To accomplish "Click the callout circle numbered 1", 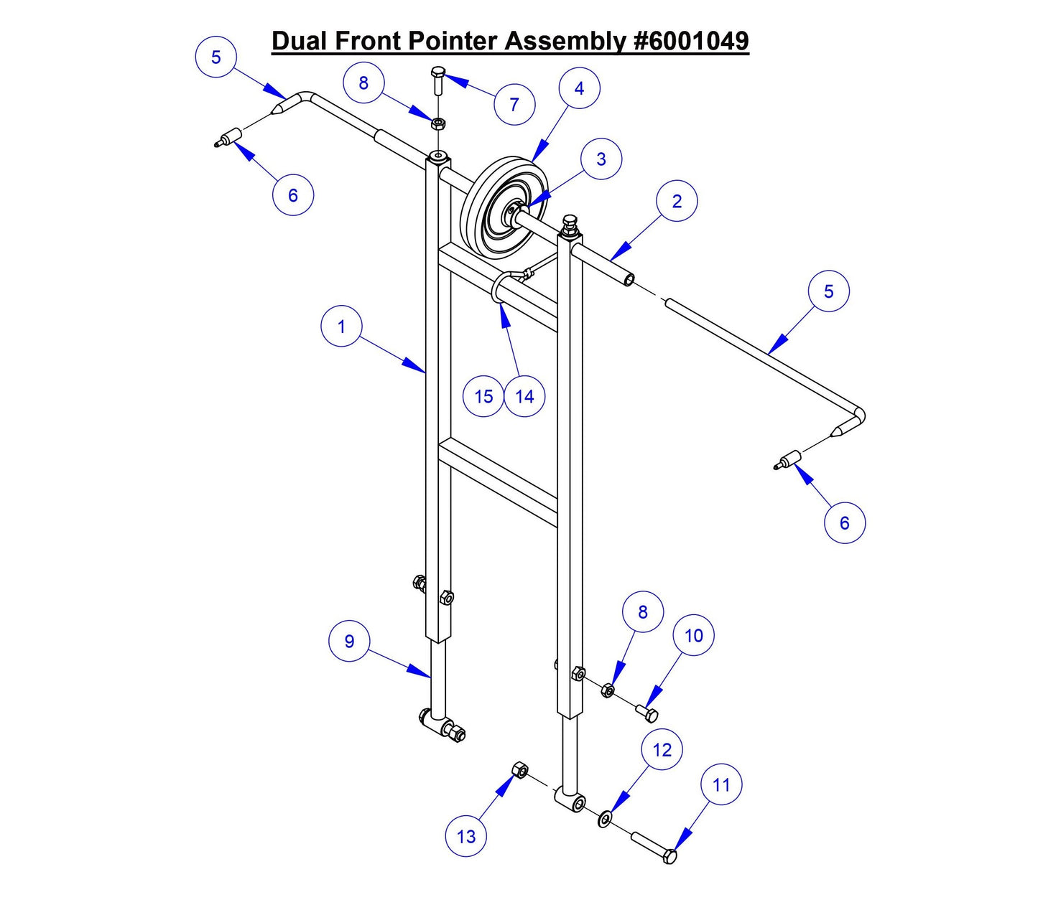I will (341, 327).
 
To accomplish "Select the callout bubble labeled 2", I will (677, 202).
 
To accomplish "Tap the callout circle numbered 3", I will (601, 159).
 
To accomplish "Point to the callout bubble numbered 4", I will (579, 88).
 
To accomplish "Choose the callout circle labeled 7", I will (514, 105).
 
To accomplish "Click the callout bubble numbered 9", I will (349, 641).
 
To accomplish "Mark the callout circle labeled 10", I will (693, 635).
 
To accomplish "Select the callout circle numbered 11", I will (721, 785).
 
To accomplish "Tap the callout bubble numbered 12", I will (662, 750).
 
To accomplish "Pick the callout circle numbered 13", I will (466, 836).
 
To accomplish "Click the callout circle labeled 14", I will (524, 396).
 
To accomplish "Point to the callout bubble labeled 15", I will (483, 396).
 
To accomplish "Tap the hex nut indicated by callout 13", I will (519, 771).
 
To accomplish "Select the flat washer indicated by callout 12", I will (605, 819).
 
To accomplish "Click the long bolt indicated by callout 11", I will (654, 847).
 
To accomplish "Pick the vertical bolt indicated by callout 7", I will (438, 80).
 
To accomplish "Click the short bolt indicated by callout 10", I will (647, 713).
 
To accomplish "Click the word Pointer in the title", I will (454, 41).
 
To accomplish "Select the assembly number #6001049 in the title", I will (691, 41).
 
